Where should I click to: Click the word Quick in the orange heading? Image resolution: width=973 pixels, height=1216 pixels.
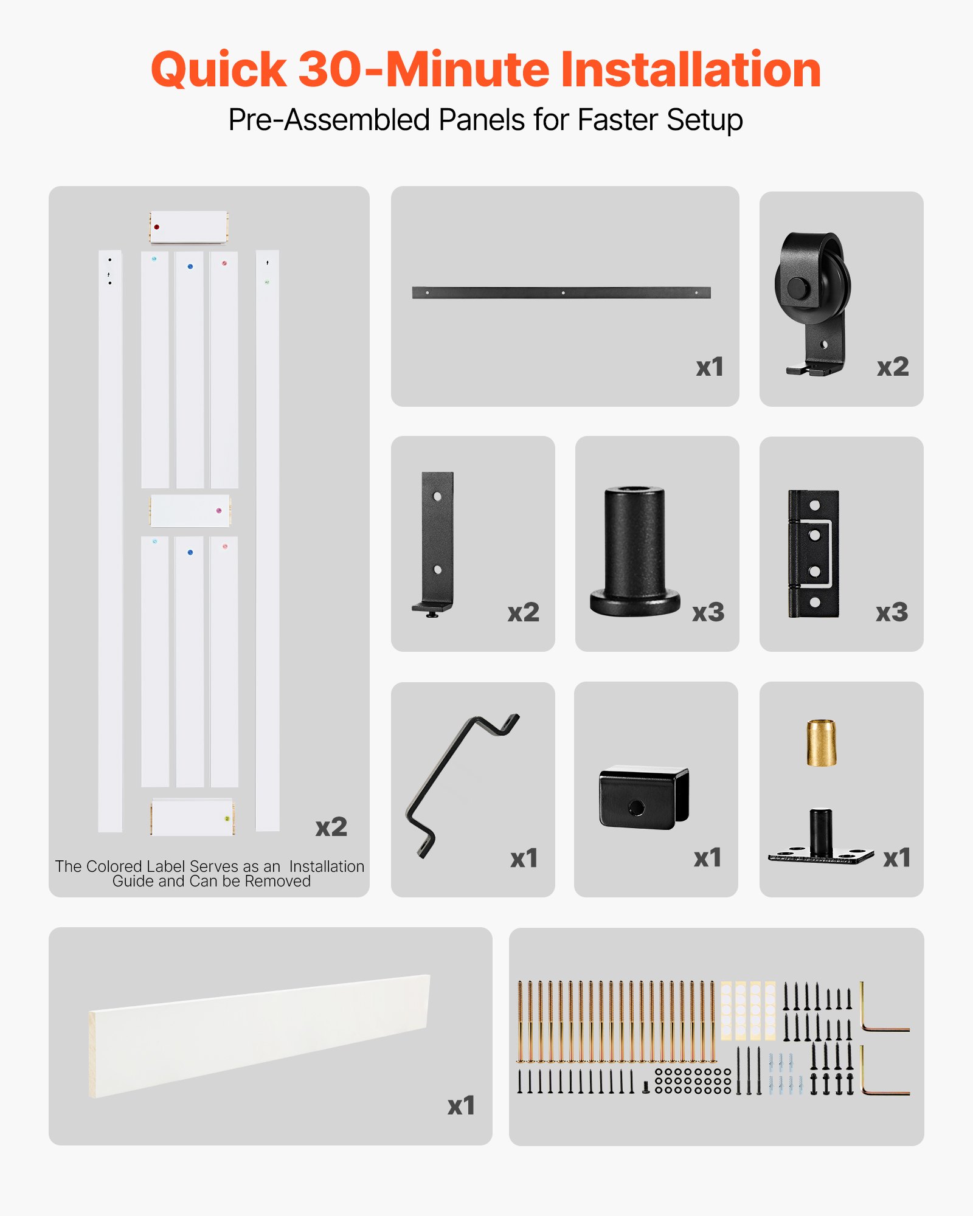pyautogui.click(x=218, y=70)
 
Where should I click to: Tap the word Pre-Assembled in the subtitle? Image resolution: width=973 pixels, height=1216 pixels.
pyautogui.click(x=329, y=120)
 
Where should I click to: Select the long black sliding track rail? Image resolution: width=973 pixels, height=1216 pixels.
pyautogui.click(x=561, y=292)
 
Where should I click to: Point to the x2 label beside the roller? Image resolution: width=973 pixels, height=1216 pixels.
pyautogui.click(x=892, y=367)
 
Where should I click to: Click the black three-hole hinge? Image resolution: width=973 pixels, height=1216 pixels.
pyautogui.click(x=814, y=553)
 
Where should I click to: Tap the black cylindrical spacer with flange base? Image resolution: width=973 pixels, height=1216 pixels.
pyautogui.click(x=634, y=550)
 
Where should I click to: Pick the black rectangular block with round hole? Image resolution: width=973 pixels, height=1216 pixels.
pyautogui.click(x=643, y=797)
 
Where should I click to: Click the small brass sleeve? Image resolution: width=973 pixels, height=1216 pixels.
pyautogui.click(x=821, y=742)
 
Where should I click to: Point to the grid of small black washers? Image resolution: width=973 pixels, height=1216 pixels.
pyautogui.click(x=693, y=1080)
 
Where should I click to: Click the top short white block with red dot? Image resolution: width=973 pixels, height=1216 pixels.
pyautogui.click(x=189, y=227)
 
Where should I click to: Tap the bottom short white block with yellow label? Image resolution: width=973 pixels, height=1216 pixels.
pyautogui.click(x=192, y=817)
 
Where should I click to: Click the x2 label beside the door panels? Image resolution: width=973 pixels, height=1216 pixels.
pyautogui.click(x=331, y=827)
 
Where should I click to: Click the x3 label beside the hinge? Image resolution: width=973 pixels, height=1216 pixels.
pyautogui.click(x=892, y=612)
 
